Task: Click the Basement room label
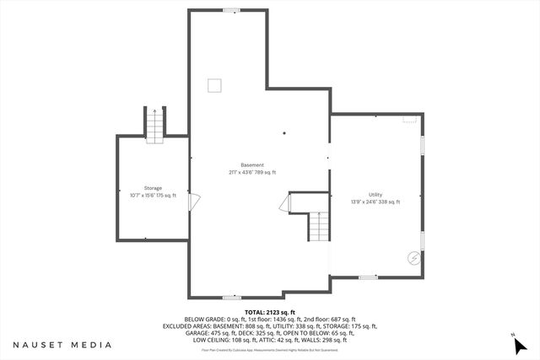[x=251, y=164]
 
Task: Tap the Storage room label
[x=153, y=188]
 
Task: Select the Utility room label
[x=375, y=194]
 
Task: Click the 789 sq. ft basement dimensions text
[x=251, y=172]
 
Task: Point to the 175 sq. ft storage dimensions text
[x=153, y=195]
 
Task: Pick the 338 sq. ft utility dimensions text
[x=375, y=201]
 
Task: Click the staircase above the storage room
[x=154, y=126]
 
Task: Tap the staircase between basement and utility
[x=317, y=226]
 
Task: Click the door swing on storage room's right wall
[x=194, y=202]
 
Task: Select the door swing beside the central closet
[x=285, y=203]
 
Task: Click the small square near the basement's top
[x=215, y=84]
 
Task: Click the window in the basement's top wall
[x=229, y=10]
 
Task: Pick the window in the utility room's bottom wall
[x=367, y=277]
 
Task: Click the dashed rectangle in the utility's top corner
[x=410, y=120]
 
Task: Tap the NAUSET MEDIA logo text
[x=62, y=345]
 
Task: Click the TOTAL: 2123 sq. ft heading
[x=269, y=312]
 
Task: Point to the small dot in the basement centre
[x=284, y=132]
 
